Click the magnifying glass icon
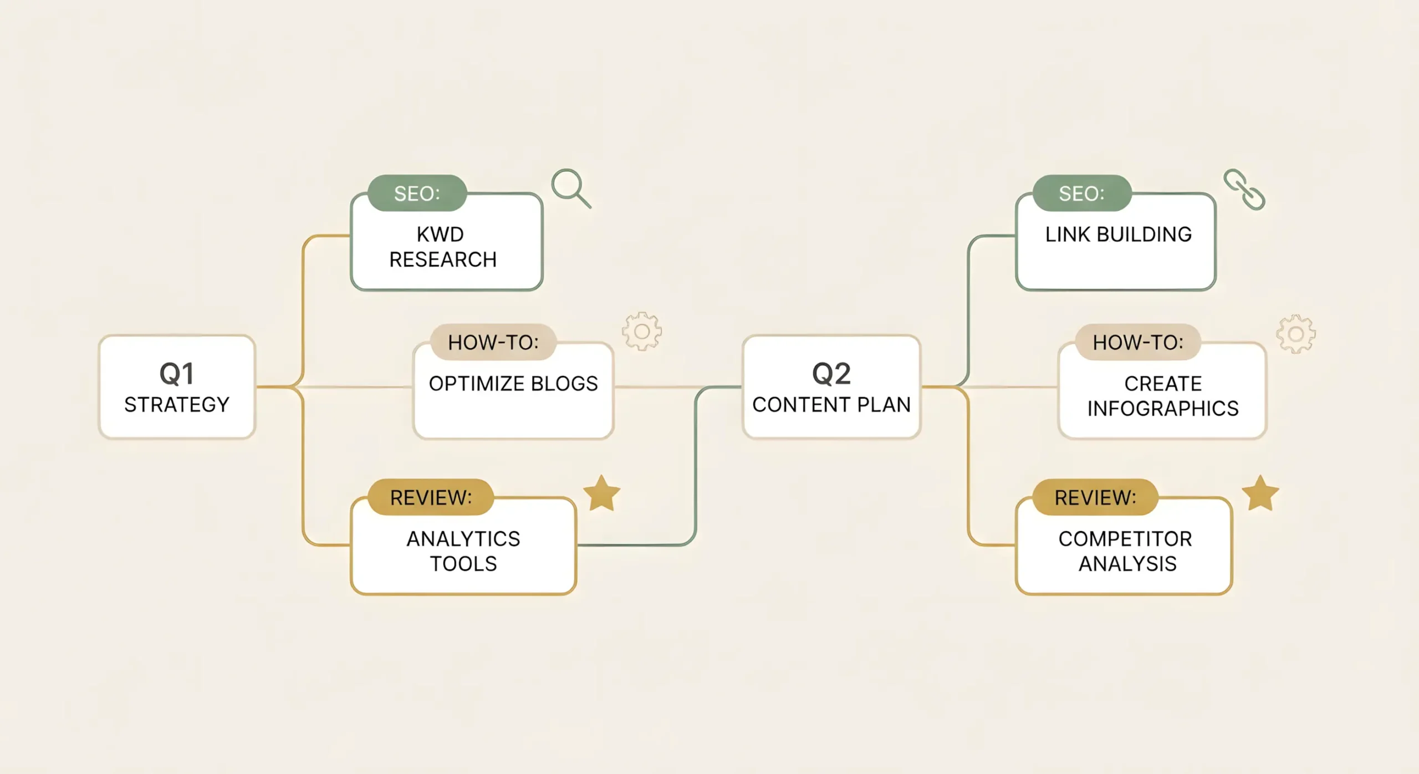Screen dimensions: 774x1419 pos(570,188)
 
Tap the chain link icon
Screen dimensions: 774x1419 pos(1244,190)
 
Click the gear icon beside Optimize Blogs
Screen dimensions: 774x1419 pos(642,332)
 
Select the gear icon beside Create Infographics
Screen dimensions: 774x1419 pos(1295,334)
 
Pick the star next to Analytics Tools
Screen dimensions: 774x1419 pos(602,493)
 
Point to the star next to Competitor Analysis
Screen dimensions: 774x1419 pos(1260,493)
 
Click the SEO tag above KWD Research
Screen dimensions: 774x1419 pos(417,193)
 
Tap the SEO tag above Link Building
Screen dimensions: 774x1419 pos(1081,193)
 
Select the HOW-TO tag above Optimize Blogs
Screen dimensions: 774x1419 pos(493,343)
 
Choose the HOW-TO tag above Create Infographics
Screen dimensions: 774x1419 pos(1138,343)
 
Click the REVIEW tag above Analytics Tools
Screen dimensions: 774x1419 pos(431,498)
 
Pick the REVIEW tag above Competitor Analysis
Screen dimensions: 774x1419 pos(1095,498)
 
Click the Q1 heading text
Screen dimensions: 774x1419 pos(177,374)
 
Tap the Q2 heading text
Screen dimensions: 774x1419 pos(831,374)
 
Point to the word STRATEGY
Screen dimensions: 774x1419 pos(177,405)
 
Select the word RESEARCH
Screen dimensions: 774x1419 pos(443,259)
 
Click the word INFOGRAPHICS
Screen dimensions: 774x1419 pos(1163,409)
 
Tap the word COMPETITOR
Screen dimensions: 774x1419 pos(1125,539)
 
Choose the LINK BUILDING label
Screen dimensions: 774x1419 pos(1119,235)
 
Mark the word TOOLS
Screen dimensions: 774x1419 pos(463,564)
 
